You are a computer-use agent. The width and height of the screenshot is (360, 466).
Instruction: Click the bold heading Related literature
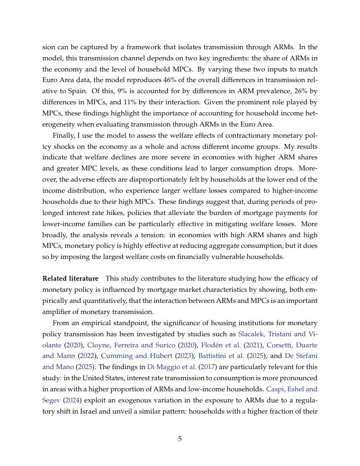click(x=70, y=279)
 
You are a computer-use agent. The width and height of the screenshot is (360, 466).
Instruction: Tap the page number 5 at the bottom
click(x=180, y=438)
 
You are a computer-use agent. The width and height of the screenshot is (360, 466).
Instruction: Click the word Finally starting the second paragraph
click(x=65, y=136)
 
